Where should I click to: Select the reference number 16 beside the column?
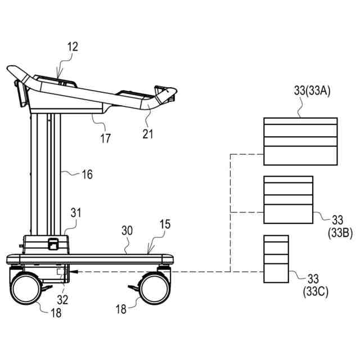[87, 175]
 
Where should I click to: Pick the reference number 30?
[127, 230]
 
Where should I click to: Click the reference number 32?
[62, 300]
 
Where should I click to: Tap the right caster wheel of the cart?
[154, 289]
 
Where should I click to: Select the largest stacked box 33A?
[300, 141]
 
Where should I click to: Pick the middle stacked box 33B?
[288, 200]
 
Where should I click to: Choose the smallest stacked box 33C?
[276, 259]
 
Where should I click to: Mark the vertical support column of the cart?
[45, 174]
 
